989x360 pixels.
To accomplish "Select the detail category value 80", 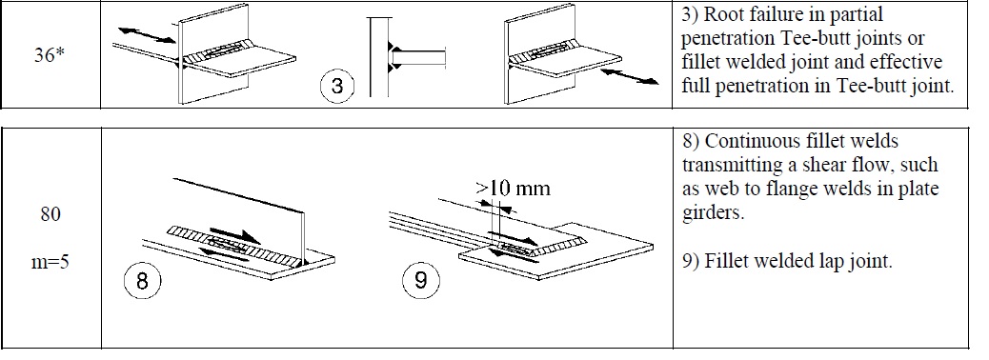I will tap(51, 215).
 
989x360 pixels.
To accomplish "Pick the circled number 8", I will tap(141, 281).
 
